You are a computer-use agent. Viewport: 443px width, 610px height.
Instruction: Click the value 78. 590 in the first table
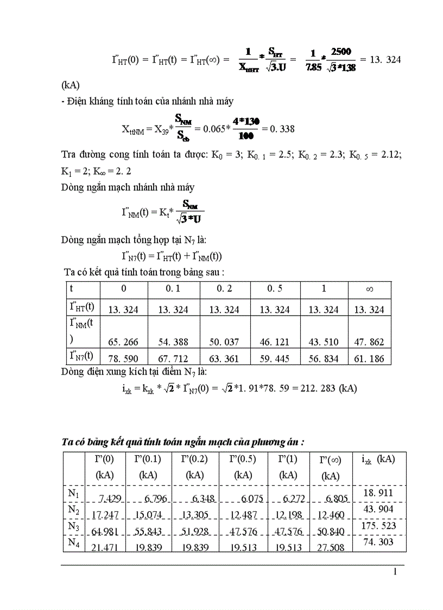point(123,359)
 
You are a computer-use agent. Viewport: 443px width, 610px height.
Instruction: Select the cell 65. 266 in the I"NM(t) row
point(123,342)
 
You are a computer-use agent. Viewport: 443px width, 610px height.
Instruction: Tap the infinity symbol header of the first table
point(370,289)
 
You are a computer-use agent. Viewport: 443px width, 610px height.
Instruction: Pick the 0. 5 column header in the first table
point(275,288)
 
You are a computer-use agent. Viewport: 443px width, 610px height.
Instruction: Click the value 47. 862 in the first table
point(369,342)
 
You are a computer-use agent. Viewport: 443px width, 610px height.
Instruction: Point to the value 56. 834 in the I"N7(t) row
point(324,359)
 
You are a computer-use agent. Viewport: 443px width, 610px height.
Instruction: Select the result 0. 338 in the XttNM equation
point(281,129)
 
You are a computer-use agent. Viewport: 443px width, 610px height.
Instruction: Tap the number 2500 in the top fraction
point(340,52)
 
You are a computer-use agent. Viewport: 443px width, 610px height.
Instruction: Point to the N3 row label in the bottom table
point(73,526)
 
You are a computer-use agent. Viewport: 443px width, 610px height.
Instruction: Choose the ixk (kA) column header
point(378,459)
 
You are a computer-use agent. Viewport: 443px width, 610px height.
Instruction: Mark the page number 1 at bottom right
point(395,571)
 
